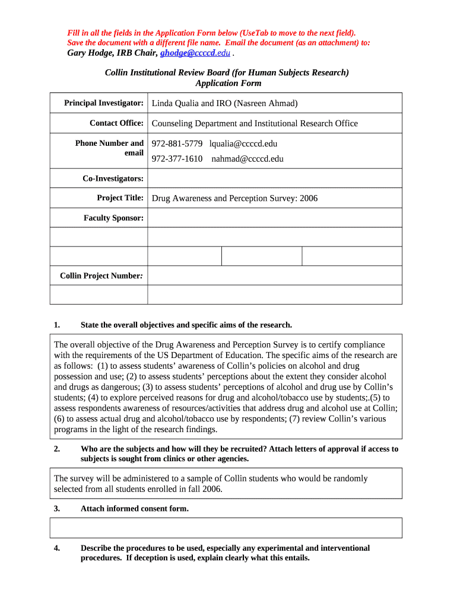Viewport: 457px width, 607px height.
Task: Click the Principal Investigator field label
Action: (x=104, y=103)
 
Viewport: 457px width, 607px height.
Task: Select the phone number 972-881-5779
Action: (x=177, y=143)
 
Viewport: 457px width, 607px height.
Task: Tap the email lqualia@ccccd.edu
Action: (x=243, y=143)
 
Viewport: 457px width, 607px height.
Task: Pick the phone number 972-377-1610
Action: (x=177, y=158)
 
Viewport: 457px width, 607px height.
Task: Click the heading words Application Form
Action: (x=228, y=83)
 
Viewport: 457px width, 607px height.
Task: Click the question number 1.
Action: (x=56, y=325)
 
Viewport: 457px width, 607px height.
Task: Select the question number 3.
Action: (x=56, y=509)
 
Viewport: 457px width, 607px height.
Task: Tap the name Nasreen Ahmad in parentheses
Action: (x=265, y=103)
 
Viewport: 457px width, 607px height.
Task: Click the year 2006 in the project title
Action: (x=308, y=198)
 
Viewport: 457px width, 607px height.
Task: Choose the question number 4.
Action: (x=56, y=548)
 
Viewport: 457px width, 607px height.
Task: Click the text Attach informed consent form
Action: (x=134, y=509)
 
